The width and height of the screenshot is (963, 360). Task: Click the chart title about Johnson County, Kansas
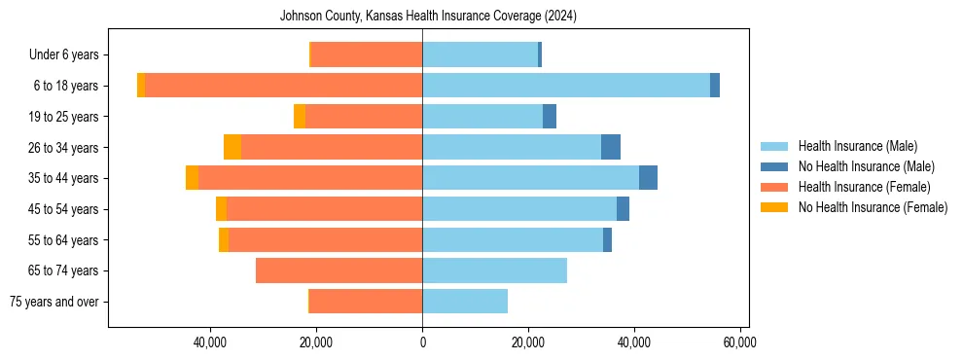(x=428, y=16)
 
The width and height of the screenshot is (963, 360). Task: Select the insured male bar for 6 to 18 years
(x=566, y=86)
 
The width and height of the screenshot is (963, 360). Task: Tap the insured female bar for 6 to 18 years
(x=283, y=86)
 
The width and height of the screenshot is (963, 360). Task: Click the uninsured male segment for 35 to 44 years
(x=648, y=178)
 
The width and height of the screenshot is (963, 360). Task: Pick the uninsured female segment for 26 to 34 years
(x=232, y=147)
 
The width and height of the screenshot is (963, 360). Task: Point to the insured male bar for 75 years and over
(x=465, y=302)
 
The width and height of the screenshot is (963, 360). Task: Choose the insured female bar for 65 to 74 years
(x=339, y=270)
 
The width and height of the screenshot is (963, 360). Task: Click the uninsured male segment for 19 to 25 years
(x=550, y=117)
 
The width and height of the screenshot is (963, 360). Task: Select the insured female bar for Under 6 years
(x=366, y=54)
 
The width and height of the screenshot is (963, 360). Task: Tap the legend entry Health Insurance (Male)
(x=857, y=146)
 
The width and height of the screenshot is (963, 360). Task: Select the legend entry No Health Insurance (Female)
(x=873, y=207)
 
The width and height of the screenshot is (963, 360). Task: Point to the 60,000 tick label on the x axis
(x=740, y=342)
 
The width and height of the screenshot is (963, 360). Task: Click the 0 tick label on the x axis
(x=422, y=342)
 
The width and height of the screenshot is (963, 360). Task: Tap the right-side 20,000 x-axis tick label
(x=528, y=342)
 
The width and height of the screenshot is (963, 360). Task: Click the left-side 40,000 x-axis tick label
(x=210, y=342)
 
